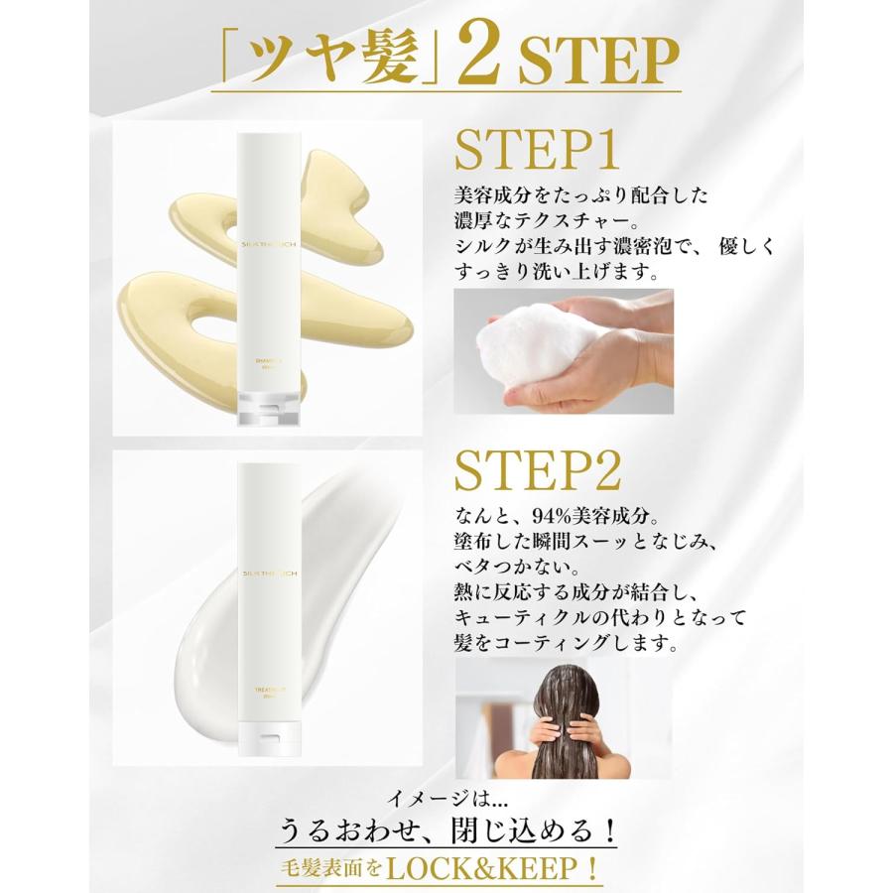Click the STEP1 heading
(x=538, y=149)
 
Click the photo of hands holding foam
(x=564, y=350)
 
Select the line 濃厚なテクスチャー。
(x=541, y=220)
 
